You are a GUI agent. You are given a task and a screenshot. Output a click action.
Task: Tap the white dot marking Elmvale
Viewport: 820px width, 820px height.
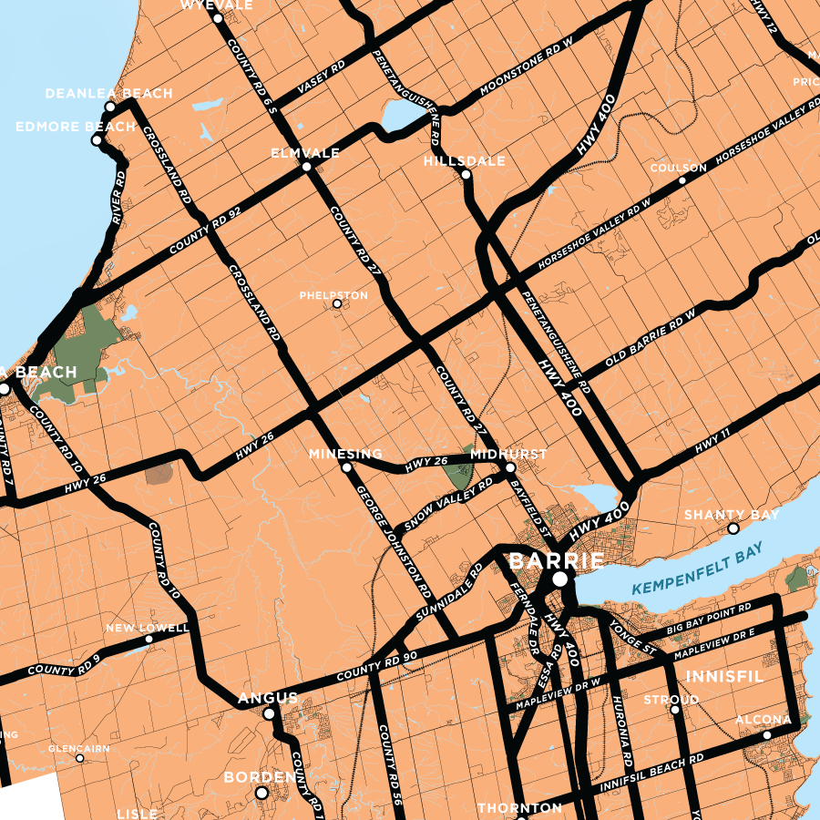pyautogui.click(x=307, y=168)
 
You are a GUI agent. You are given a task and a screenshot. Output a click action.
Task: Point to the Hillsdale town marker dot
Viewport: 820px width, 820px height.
pyautogui.click(x=466, y=174)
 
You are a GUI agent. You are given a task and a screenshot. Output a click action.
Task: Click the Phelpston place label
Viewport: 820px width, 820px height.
pyautogui.click(x=333, y=295)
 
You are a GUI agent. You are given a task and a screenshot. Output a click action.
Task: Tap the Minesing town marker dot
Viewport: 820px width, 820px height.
pyautogui.click(x=346, y=467)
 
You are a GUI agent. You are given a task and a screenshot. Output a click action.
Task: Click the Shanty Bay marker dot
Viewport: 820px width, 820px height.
pyautogui.click(x=733, y=528)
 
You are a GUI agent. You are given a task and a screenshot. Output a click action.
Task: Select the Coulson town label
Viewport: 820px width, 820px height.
pyautogui.click(x=678, y=169)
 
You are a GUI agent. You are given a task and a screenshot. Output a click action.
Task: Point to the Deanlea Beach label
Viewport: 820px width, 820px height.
pyautogui.click(x=108, y=94)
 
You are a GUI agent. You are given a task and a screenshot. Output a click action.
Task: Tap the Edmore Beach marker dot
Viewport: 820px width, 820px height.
pyautogui.click(x=97, y=139)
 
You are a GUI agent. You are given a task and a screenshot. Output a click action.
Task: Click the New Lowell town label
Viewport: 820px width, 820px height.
pyautogui.click(x=147, y=628)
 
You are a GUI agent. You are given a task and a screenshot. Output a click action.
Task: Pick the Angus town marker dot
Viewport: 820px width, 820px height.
pyautogui.click(x=269, y=714)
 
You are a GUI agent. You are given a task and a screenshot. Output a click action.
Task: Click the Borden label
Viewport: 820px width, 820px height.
pyautogui.click(x=261, y=778)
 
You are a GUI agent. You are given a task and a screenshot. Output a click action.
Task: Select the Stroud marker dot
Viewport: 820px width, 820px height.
pyautogui.click(x=675, y=710)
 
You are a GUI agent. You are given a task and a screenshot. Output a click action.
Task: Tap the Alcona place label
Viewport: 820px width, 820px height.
pyautogui.click(x=764, y=721)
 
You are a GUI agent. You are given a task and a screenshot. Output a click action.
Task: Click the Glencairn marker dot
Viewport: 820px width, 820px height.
pyautogui.click(x=80, y=758)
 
